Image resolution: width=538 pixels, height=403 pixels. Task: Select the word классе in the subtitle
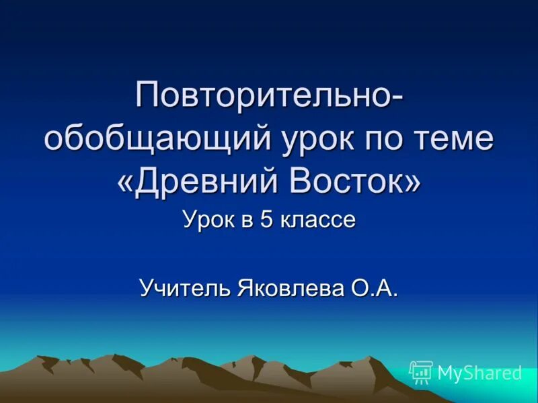(x=315, y=221)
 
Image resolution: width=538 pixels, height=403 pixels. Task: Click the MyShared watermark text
(x=479, y=372)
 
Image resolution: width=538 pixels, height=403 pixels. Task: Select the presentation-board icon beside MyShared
(x=421, y=371)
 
